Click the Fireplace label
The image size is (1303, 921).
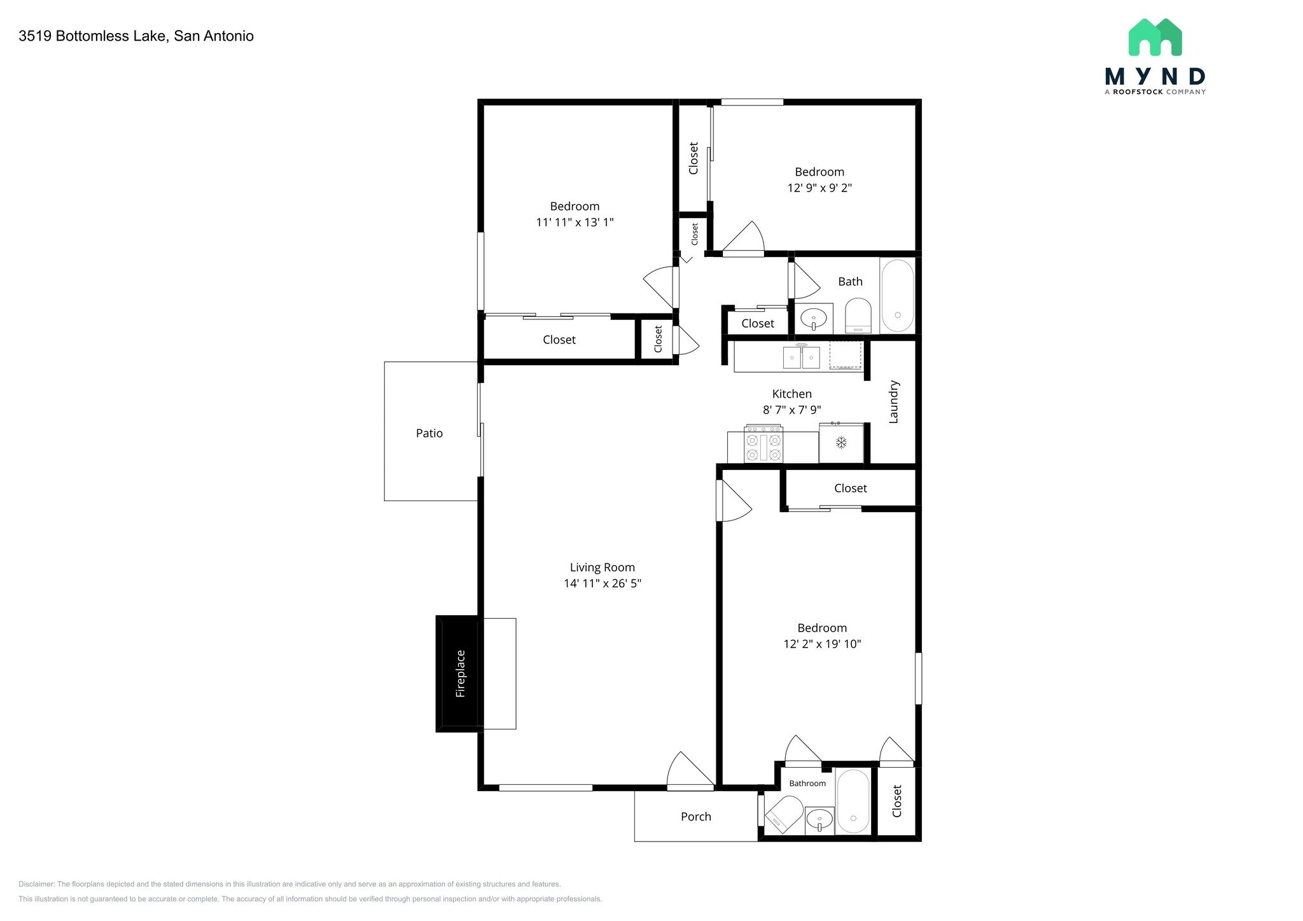click(461, 674)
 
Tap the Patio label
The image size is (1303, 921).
click(429, 433)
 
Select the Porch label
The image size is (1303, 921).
click(696, 817)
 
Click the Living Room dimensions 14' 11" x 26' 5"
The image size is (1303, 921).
click(603, 583)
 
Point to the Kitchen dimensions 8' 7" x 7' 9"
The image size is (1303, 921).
click(792, 410)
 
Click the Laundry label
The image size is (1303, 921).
click(893, 401)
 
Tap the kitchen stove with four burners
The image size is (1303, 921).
click(763, 444)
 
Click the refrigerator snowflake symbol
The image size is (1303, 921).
click(841, 442)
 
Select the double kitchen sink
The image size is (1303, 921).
click(801, 357)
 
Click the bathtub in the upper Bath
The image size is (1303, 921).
click(898, 296)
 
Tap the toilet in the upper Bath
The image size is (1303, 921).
click(858, 315)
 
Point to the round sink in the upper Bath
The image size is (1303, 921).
click(814, 317)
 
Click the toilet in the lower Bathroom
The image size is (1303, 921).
click(785, 814)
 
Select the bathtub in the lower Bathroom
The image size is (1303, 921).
click(853, 801)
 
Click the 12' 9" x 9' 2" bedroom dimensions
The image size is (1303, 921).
click(819, 188)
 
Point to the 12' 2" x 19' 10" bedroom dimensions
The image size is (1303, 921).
click(822, 644)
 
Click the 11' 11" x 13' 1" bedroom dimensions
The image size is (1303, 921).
click(575, 223)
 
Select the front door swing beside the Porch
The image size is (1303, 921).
click(690, 772)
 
